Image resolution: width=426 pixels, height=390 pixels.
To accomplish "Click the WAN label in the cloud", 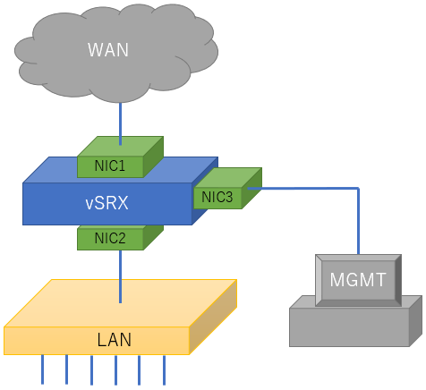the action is pos(108,50).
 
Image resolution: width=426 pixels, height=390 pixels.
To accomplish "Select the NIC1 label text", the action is pos(110,165).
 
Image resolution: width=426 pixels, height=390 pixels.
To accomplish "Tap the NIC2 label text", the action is pos(110,238).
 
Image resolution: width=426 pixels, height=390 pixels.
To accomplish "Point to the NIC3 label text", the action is pos(217,197).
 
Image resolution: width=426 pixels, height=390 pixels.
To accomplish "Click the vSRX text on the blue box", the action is pos(106,203).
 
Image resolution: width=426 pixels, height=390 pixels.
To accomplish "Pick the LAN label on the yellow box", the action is pos(115,340).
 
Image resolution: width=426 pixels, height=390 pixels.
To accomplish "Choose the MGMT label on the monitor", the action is pos(358,280).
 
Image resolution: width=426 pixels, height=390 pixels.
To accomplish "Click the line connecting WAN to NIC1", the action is pos(120,123).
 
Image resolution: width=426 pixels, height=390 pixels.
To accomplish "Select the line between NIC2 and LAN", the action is pos(120,276).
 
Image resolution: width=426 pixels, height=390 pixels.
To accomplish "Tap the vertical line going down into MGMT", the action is pos(358,221).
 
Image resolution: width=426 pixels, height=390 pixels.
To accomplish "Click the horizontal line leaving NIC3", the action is pos(302,189).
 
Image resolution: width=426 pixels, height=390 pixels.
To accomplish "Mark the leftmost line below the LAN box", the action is pos(42,369).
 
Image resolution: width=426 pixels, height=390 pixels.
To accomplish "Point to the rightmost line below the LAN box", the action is pos(164,370).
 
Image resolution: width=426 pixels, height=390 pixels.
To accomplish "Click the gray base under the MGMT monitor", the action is pos(349,327).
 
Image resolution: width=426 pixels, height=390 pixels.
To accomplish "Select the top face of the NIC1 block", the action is pos(120,147).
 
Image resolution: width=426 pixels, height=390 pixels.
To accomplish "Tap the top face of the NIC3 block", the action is pos(228,178).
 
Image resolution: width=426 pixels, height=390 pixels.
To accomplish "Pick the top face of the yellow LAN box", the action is pos(121,303).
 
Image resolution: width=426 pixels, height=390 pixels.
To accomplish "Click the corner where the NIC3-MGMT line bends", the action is pos(358,189).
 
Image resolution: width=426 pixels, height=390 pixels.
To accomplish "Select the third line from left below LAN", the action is pos(91,370).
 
